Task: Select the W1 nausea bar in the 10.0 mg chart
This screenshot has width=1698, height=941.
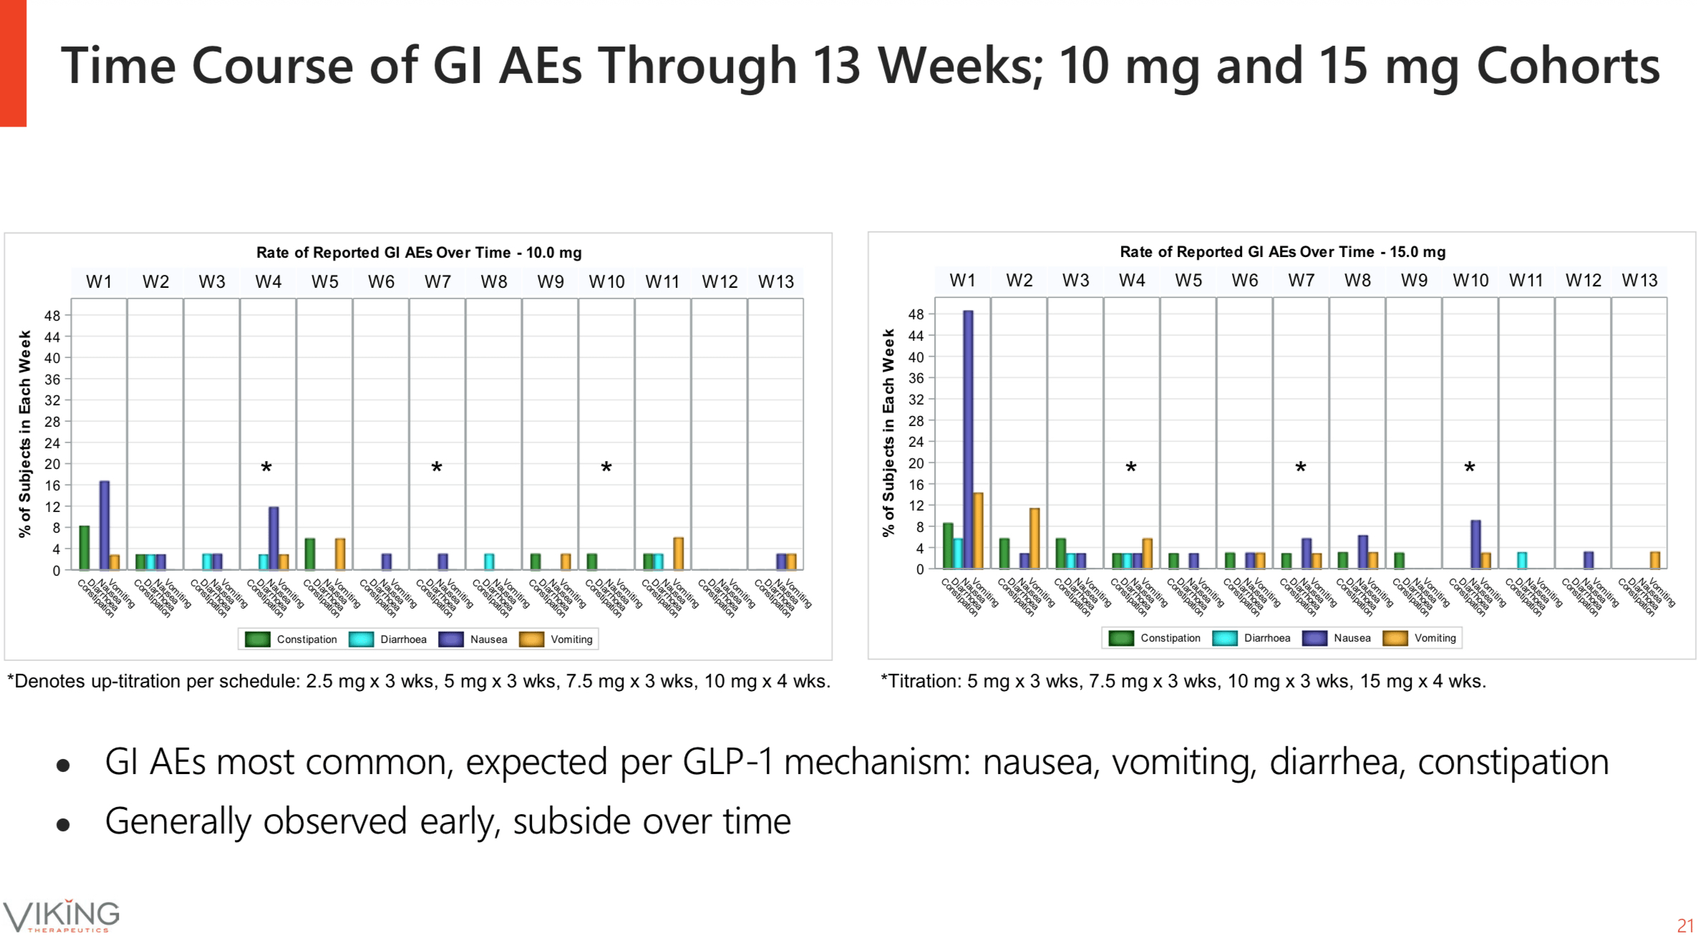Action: tap(105, 525)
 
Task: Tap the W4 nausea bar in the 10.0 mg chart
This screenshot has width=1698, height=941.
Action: tap(273, 538)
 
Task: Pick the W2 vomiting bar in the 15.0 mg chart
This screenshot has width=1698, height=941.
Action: tap(1034, 538)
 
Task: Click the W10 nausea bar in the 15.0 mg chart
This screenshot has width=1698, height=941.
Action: tap(1475, 544)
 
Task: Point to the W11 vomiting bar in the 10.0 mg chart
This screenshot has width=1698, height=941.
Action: tap(678, 553)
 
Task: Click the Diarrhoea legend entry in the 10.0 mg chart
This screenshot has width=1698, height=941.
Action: tap(388, 640)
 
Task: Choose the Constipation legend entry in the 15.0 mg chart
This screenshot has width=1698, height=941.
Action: tap(1155, 638)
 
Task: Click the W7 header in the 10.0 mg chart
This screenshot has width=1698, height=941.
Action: tap(437, 282)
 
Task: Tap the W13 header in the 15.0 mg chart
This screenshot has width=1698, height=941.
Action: tap(1639, 281)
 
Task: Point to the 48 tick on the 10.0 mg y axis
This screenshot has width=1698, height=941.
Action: tap(53, 316)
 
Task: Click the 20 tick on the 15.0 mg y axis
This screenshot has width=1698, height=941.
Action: tap(916, 463)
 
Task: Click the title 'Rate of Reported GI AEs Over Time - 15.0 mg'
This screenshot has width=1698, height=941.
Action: tap(1282, 252)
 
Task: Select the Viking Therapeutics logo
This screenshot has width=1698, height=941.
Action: tap(61, 916)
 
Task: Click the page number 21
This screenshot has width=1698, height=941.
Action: tap(1685, 925)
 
